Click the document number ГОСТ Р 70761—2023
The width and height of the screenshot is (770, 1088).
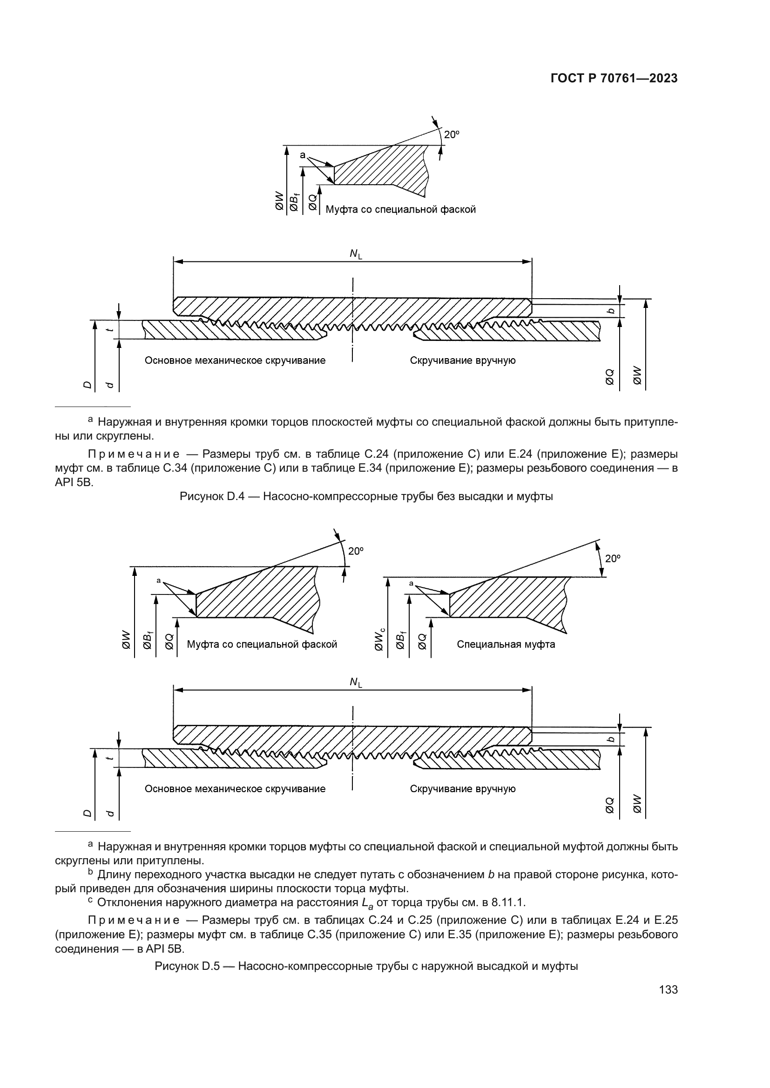pos(614,79)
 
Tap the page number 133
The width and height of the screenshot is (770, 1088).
pos(668,990)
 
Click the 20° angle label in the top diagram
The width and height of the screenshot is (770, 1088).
pos(452,134)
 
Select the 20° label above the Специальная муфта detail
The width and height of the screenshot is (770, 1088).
pos(613,559)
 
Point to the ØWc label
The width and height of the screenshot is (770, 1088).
pos(379,639)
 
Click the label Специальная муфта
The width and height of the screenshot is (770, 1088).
pos(506,644)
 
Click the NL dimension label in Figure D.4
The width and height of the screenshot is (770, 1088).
pos(356,254)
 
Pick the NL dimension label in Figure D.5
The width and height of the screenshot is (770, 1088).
pos(356,682)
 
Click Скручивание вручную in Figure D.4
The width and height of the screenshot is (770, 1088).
pos(463,360)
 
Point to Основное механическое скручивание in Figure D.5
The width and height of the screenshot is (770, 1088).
pos(235,789)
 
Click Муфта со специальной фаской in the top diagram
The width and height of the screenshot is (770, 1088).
pos(401,209)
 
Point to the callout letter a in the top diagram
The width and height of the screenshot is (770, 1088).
pos(303,155)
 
